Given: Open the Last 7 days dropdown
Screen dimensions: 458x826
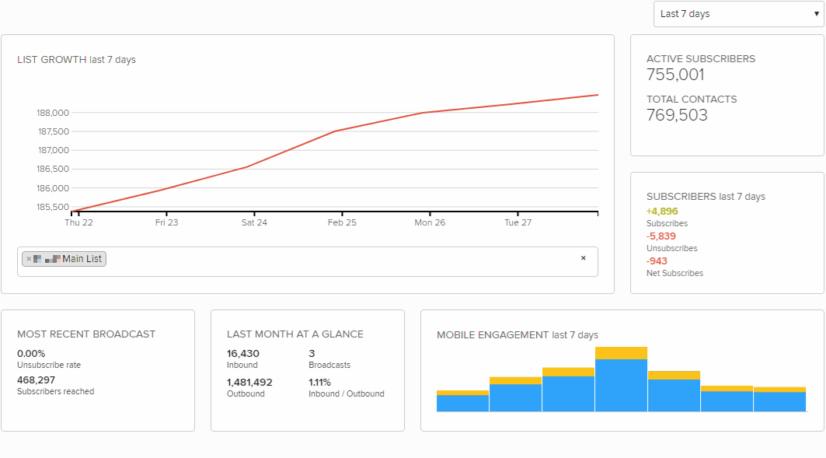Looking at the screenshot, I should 738,14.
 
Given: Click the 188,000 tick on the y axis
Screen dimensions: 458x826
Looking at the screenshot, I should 53,113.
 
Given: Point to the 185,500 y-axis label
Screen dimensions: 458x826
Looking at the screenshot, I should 53,207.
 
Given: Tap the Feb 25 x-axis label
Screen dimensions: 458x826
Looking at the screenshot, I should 342,222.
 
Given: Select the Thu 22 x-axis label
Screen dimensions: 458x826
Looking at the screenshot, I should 78,222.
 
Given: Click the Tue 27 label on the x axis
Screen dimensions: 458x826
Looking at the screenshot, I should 518,222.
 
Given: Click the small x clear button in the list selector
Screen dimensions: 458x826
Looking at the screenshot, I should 583,258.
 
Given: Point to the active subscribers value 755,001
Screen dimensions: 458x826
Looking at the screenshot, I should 675,75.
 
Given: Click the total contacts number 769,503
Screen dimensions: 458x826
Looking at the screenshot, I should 677,115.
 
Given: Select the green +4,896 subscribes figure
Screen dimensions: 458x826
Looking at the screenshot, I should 662,211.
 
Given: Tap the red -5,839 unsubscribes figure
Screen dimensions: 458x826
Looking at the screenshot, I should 661,236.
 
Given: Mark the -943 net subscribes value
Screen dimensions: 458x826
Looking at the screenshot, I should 657,260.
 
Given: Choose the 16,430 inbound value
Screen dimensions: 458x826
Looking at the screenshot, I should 243,353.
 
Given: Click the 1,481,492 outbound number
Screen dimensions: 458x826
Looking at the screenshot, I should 249,382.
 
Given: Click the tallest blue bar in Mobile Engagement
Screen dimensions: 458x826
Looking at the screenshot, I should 621,385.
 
